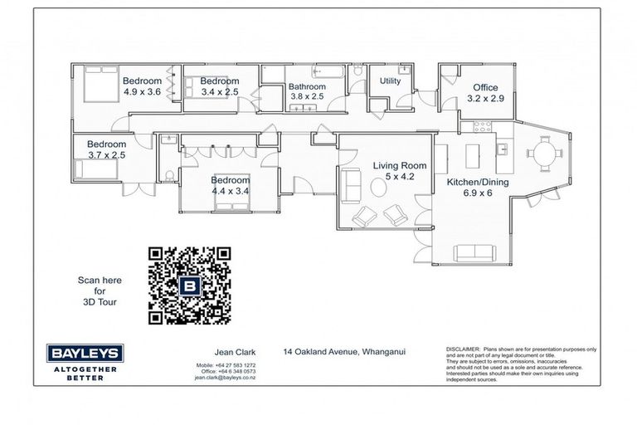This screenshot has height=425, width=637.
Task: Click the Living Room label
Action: tap(393, 165)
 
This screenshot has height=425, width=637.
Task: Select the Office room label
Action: tap(485, 87)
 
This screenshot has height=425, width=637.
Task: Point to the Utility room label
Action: tap(390, 81)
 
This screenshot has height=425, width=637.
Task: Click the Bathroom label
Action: tap(307, 85)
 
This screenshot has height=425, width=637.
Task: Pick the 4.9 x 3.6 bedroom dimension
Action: tap(142, 91)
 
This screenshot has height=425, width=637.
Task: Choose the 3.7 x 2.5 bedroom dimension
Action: tap(106, 154)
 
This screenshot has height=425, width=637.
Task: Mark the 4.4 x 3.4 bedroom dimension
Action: tap(230, 191)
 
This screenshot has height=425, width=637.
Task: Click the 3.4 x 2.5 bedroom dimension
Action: tap(220, 91)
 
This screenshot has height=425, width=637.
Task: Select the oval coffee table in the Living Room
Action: tap(378, 188)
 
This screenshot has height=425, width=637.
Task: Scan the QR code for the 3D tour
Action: tap(189, 285)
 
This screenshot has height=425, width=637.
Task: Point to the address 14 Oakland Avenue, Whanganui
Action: tap(344, 352)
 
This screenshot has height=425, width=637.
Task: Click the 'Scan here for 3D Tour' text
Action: tap(99, 291)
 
